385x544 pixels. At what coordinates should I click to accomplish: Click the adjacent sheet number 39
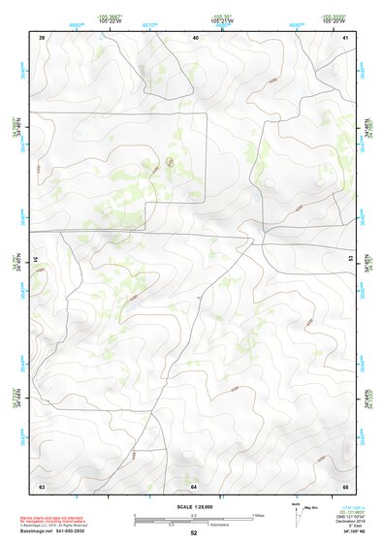(x=42, y=37)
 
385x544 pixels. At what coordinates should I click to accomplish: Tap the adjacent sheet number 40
(x=196, y=37)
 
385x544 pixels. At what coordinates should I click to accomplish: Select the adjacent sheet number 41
(x=346, y=37)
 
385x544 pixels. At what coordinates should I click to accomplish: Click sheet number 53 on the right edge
(x=350, y=260)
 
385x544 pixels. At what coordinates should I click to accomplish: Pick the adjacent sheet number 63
(x=42, y=485)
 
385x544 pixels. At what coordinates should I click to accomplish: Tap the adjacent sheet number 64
(x=194, y=485)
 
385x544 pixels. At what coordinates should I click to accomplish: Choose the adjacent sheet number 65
(x=346, y=485)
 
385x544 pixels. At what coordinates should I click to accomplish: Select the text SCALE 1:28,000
(x=194, y=507)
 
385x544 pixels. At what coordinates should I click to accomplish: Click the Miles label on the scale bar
(x=257, y=514)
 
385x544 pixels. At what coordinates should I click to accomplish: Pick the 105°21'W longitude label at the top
(x=222, y=20)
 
